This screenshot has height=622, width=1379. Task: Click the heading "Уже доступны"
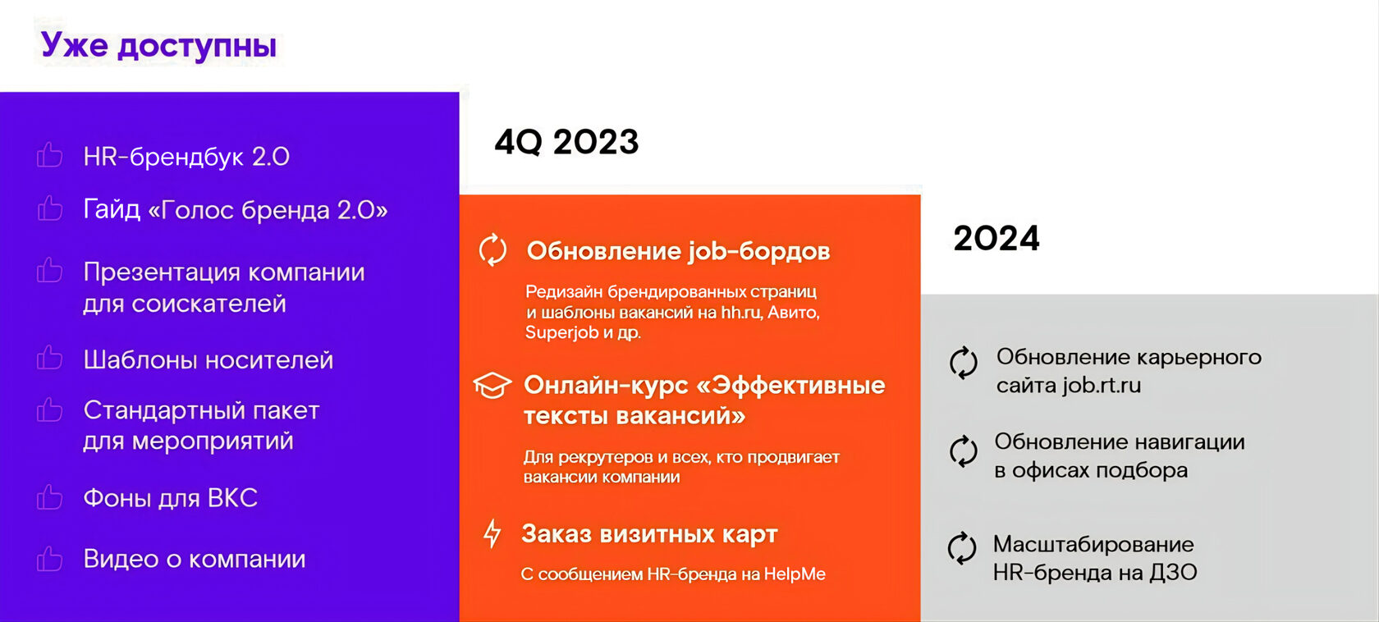point(159,46)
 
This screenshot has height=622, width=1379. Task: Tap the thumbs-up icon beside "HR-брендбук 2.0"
point(50,155)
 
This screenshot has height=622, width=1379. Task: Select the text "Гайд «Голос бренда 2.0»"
point(235,210)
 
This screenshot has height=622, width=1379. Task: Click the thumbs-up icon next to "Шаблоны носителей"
point(50,358)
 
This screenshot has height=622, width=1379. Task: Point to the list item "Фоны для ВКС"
point(171,498)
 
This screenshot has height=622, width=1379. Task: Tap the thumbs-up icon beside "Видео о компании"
point(50,559)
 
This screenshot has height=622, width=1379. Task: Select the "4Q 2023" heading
point(566,142)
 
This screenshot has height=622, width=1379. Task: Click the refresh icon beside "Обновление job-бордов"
point(493,250)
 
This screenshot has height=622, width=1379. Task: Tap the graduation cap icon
point(492,385)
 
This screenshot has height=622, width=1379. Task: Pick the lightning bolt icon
point(492,533)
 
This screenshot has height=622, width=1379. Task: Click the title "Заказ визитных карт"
point(649,534)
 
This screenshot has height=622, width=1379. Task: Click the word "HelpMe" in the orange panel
point(795,574)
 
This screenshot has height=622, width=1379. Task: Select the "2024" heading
point(996,239)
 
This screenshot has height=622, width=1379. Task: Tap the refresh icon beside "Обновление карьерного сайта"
point(964,363)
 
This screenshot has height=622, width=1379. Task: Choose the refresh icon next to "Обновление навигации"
point(964,451)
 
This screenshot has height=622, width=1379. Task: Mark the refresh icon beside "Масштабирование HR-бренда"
point(962,547)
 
